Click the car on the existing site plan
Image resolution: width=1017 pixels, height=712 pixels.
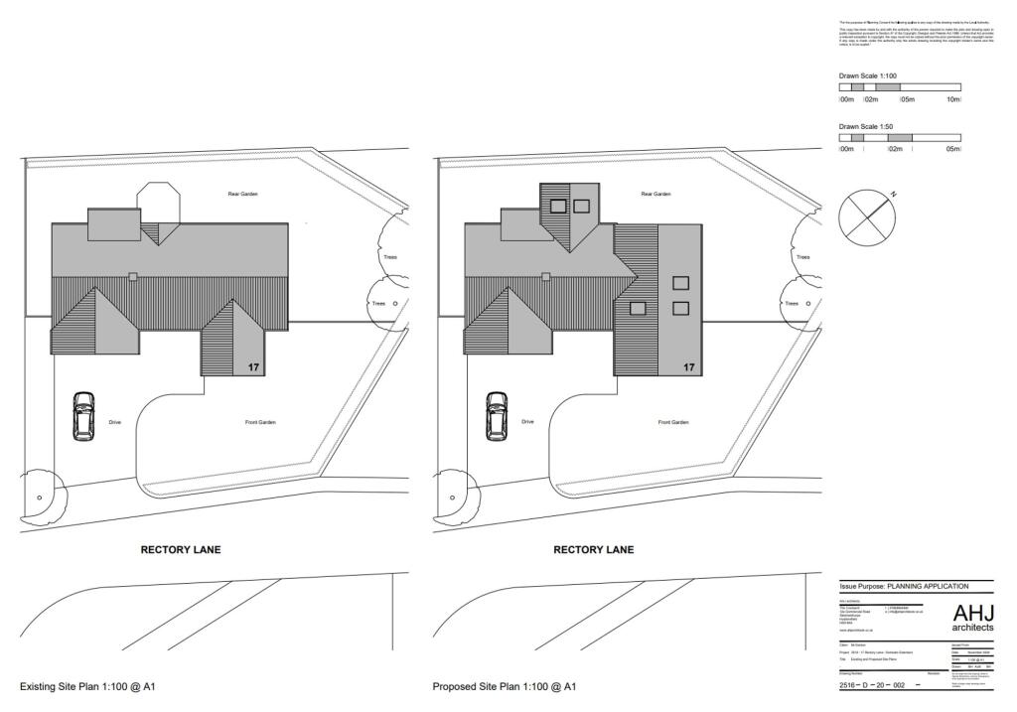pyautogui.click(x=83, y=417)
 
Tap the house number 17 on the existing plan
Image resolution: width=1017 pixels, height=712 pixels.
pyautogui.click(x=254, y=367)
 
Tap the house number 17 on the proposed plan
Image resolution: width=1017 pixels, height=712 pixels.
pyautogui.click(x=689, y=367)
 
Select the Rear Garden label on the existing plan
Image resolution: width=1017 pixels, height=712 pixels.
pyautogui.click(x=241, y=194)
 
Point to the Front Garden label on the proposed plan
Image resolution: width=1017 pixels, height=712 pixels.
pyautogui.click(x=673, y=423)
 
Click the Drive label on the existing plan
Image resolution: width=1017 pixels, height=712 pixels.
pyautogui.click(x=114, y=423)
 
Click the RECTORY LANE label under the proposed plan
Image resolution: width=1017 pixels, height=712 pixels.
pyautogui.click(x=593, y=549)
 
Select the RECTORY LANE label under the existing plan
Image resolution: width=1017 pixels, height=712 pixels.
pyautogui.click(x=181, y=549)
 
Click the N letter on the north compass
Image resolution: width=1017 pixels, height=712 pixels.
pyautogui.click(x=892, y=195)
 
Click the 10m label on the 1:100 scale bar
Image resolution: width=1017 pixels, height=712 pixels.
pyautogui.click(x=953, y=99)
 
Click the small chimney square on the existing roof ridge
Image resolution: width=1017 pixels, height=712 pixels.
pyautogui.click(x=133, y=276)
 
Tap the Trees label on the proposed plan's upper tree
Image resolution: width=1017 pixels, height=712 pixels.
pyautogui.click(x=801, y=257)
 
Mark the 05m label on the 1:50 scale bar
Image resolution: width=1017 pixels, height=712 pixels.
pyautogui.click(x=952, y=149)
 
